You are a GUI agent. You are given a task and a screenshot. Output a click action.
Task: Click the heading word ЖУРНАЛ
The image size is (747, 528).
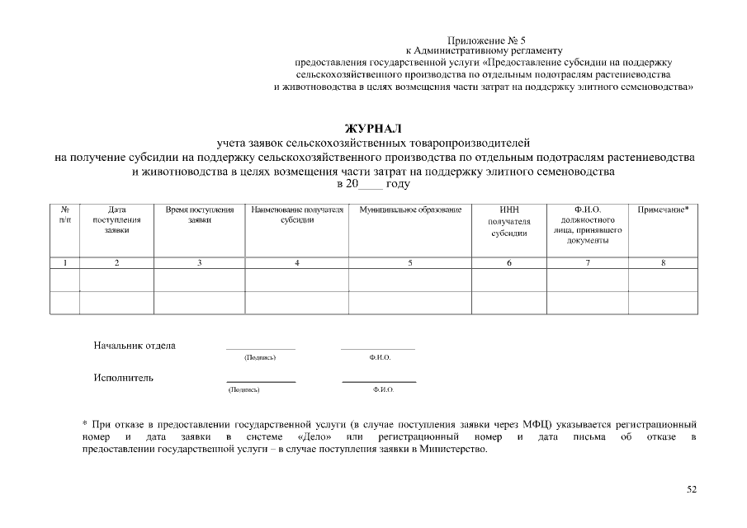[373, 129]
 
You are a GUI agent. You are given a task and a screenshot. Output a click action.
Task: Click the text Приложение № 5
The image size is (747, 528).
[486, 40]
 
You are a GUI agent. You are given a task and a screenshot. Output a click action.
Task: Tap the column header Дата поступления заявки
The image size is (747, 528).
[117, 220]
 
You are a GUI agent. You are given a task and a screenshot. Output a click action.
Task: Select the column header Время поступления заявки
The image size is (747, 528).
[200, 215]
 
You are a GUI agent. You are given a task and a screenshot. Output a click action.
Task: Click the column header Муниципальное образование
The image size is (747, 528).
[409, 210]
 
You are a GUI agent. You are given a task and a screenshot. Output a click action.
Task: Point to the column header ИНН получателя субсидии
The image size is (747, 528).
[508, 222]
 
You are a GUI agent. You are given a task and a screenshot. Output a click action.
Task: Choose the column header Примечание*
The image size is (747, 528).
[663, 210]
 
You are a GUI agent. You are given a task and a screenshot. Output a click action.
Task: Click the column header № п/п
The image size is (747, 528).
[65, 215]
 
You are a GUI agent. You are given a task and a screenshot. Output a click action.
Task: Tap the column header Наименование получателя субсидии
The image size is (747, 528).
[296, 215]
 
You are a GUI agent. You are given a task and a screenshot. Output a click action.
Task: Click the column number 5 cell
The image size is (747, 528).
[409, 263]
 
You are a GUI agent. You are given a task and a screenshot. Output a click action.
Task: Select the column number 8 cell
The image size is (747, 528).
[663, 263]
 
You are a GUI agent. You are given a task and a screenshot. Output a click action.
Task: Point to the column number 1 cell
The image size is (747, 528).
[65, 263]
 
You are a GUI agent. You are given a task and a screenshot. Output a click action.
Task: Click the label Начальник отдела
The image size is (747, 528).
[135, 346]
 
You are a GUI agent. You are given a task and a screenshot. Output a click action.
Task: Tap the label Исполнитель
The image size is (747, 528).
[124, 379]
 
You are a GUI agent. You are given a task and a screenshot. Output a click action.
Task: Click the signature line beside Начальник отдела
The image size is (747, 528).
[260, 349]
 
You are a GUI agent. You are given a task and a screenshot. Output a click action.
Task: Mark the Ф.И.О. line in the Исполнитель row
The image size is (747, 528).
[379, 381]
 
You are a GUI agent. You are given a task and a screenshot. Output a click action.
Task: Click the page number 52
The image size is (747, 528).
[692, 489]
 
